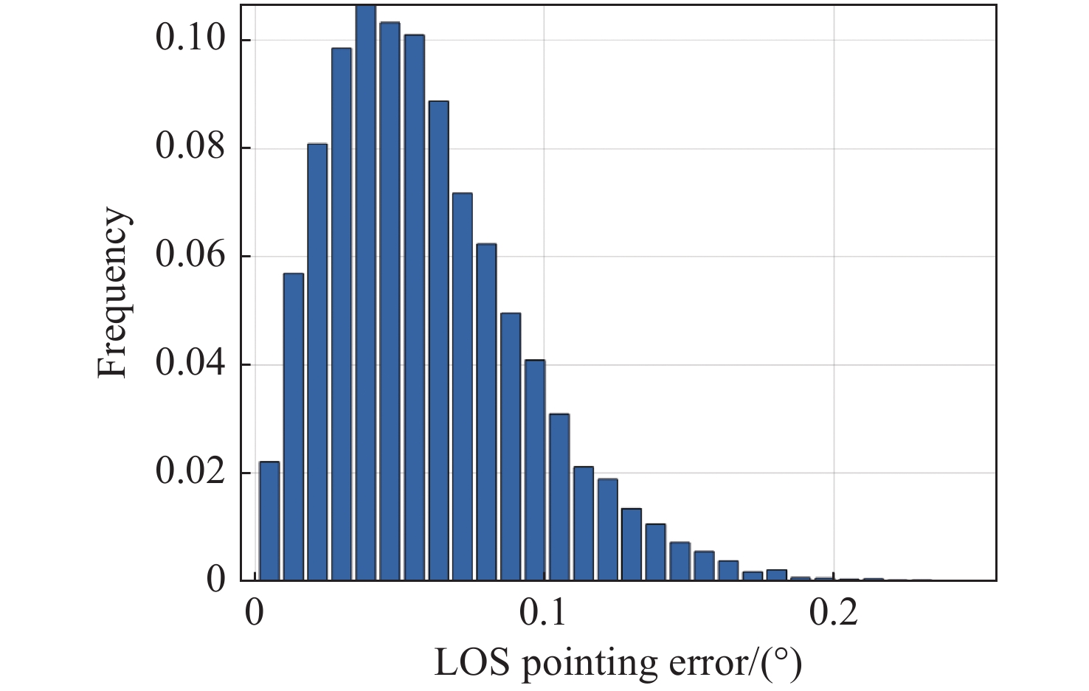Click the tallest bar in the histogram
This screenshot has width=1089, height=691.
(x=365, y=295)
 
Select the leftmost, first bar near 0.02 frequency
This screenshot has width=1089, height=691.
(x=269, y=521)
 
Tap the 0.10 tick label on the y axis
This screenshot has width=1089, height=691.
(x=190, y=38)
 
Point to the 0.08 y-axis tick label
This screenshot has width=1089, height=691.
(x=190, y=147)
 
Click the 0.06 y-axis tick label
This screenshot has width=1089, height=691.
(x=190, y=255)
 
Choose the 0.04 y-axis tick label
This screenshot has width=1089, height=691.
(x=190, y=364)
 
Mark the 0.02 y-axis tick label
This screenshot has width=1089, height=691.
(x=190, y=472)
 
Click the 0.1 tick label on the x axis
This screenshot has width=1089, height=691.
(x=544, y=613)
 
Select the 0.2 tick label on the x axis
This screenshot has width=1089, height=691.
(x=834, y=613)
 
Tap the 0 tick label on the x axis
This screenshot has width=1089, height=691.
(x=255, y=613)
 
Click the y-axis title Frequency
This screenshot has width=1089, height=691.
(x=114, y=293)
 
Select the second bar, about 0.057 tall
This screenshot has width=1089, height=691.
(x=294, y=426)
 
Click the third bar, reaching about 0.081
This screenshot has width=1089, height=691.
(x=317, y=361)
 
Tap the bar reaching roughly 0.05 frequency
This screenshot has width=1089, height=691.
(x=511, y=446)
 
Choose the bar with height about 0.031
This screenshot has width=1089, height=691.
(x=559, y=497)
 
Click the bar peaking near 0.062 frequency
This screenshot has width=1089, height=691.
(x=486, y=412)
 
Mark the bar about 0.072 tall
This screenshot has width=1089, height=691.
(x=462, y=386)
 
